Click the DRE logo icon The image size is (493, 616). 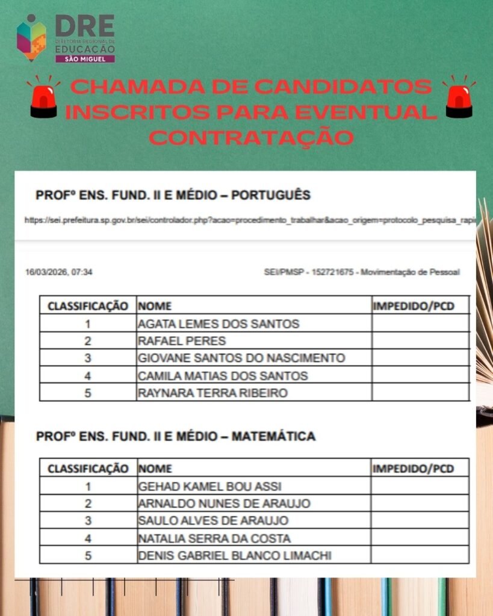point(31,37)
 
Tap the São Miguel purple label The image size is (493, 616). point(84,58)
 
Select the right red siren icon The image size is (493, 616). point(459,97)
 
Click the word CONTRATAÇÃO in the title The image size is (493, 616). point(251,137)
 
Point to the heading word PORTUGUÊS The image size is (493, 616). point(271,196)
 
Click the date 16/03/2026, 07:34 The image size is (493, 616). point(59,273)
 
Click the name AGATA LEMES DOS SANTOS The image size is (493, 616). point(219,324)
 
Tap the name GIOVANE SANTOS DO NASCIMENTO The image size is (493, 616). point(241,358)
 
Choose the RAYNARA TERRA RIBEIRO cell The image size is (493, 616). point(212,393)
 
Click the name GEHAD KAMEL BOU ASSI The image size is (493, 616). point(209,486)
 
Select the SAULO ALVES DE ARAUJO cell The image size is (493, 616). point(213,520)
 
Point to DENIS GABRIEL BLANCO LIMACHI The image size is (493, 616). point(235,555)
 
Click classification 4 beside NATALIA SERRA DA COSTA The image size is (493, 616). point(88,538)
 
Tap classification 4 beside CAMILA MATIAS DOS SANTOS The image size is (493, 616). point(88,376)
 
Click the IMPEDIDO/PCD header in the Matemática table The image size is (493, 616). point(413,469)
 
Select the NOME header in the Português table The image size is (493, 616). point(155,306)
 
